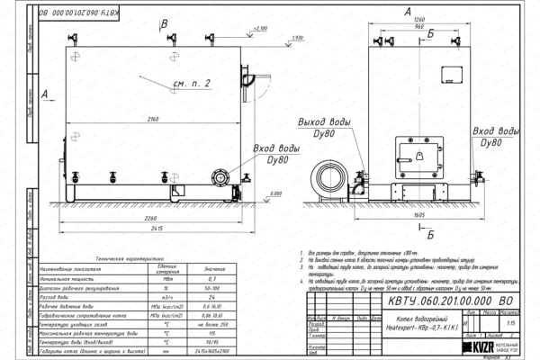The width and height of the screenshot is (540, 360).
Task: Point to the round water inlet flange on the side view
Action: click(x=218, y=177)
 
